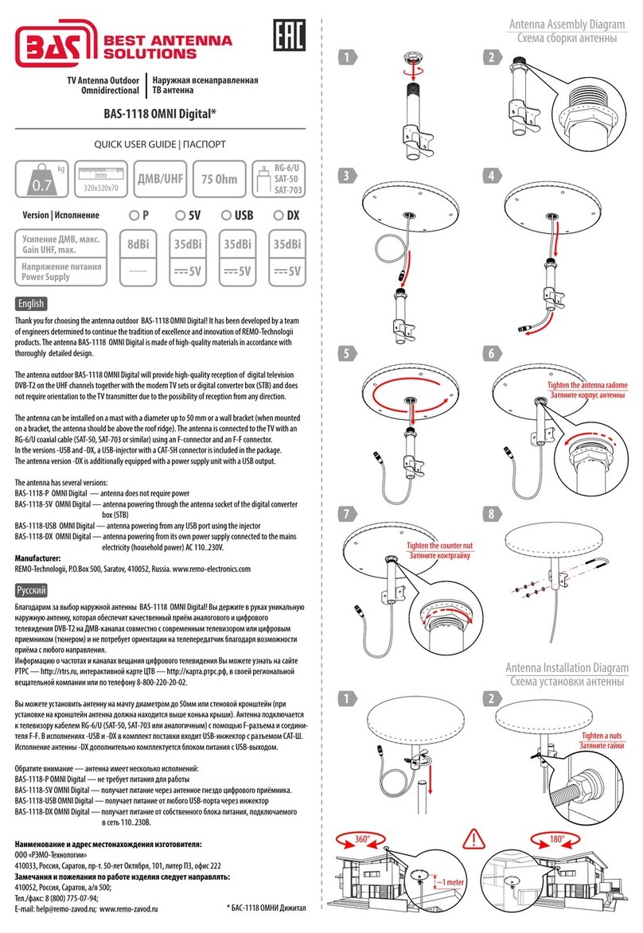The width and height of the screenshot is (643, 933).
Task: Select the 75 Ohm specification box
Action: pyautogui.click(x=220, y=179)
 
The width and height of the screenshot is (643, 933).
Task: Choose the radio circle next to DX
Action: pyautogui.click(x=278, y=216)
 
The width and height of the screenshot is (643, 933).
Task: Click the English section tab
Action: pyautogui.click(x=30, y=303)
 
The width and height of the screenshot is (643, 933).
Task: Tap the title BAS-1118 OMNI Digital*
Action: pyautogui.click(x=159, y=114)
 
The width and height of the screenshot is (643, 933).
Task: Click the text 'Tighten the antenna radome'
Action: pyautogui.click(x=586, y=385)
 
